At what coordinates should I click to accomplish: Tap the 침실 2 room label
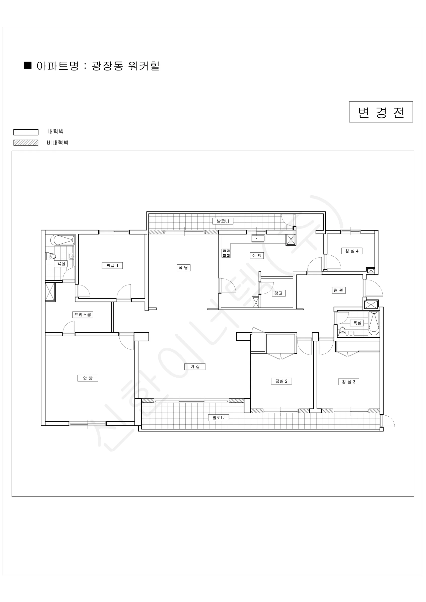pyautogui.click(x=281, y=381)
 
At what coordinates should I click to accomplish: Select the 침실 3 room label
pyautogui.click(x=348, y=382)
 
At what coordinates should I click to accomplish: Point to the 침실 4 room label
pyautogui.click(x=351, y=251)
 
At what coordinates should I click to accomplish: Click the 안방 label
pyautogui.click(x=88, y=378)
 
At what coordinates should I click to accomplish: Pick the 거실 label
pyautogui.click(x=195, y=366)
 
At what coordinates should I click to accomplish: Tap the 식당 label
pyautogui.click(x=183, y=268)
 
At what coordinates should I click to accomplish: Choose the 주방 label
pyautogui.click(x=257, y=255)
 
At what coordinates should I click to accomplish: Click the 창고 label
pyautogui.click(x=278, y=293)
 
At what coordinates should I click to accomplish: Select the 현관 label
pyautogui.click(x=338, y=290)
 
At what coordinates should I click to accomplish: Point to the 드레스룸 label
pyautogui.click(x=83, y=315)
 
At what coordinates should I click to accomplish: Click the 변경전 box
pyautogui.click(x=381, y=112)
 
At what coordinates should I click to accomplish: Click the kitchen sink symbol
pyautogui.click(x=258, y=238)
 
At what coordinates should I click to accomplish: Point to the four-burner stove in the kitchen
pyautogui.click(x=226, y=253)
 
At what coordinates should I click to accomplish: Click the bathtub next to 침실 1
pyautogui.click(x=62, y=240)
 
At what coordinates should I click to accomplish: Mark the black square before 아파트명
pyautogui.click(x=28, y=65)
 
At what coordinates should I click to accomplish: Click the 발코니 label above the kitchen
pyautogui.click(x=223, y=221)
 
